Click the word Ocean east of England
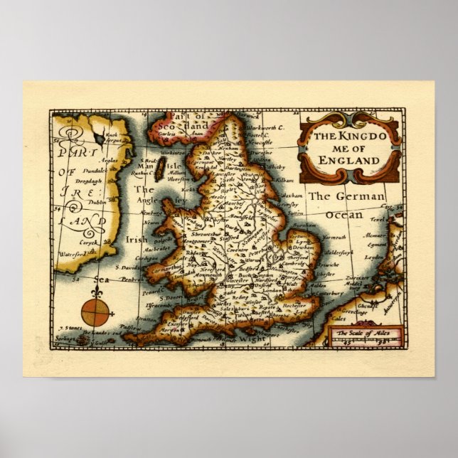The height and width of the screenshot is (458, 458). pyautogui.click(x=344, y=214)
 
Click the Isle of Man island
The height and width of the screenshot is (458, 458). pyautogui.click(x=160, y=169)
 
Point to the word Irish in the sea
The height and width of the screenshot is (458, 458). pyautogui.click(x=137, y=240)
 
